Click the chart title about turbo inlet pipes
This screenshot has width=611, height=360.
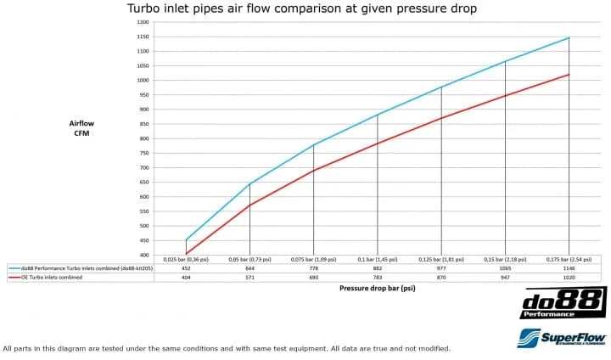[x=302, y=8]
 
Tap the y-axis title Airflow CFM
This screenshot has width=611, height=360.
[x=81, y=128]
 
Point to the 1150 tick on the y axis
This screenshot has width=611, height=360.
[x=143, y=37]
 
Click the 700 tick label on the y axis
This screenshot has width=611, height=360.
[x=145, y=168]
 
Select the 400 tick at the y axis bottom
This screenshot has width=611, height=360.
[x=145, y=256]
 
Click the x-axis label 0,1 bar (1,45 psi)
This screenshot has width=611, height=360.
[x=378, y=258]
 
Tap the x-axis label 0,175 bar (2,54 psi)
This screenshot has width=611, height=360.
[x=569, y=258]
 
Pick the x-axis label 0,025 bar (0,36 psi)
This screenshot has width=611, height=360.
[x=187, y=258]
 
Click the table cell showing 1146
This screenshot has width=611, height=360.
[x=569, y=267]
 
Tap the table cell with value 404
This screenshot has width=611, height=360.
[x=187, y=277]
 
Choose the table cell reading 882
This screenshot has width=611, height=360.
[x=378, y=267]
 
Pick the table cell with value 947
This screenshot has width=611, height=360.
[x=505, y=277]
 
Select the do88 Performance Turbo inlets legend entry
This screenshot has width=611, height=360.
[x=76, y=267]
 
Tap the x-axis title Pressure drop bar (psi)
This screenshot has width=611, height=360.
[x=378, y=289]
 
